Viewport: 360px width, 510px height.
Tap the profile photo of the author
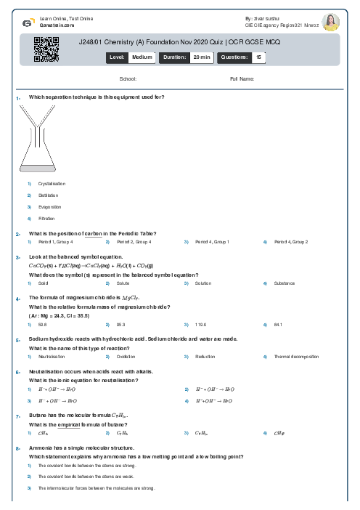(330, 22)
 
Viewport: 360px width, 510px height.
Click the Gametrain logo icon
(26, 21)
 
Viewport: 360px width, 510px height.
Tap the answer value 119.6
(198, 325)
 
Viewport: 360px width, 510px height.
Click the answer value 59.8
(42, 325)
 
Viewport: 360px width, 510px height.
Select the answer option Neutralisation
(52, 357)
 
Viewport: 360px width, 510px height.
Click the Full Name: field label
(242, 78)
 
